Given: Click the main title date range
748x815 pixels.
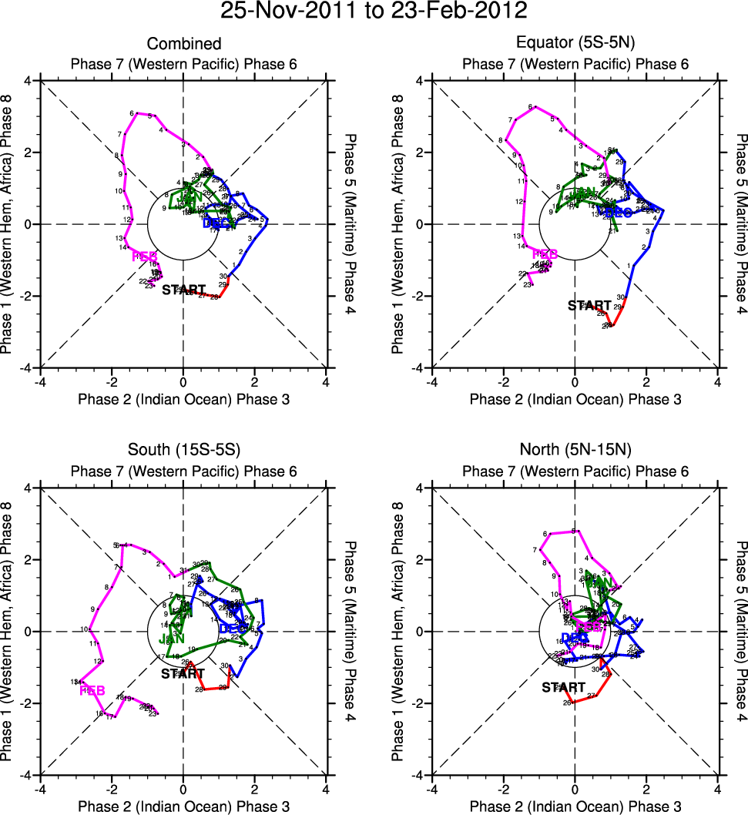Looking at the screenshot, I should [x=374, y=12].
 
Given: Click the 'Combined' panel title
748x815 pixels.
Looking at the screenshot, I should [x=183, y=44].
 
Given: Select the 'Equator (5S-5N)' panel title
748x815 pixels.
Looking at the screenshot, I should [x=575, y=44].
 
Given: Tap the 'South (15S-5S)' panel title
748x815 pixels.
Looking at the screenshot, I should [x=183, y=451].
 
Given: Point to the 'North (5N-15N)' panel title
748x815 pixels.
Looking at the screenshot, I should [x=575, y=451].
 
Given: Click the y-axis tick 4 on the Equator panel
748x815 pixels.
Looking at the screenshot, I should [x=421, y=80].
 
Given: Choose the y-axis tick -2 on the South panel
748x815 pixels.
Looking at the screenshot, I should [x=27, y=703].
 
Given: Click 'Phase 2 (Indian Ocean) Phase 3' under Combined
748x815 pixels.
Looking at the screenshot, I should [x=183, y=398].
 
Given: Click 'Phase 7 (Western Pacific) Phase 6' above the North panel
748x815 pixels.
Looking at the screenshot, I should [x=575, y=471].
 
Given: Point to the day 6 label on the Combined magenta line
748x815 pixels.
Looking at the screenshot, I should [x=132, y=113].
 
